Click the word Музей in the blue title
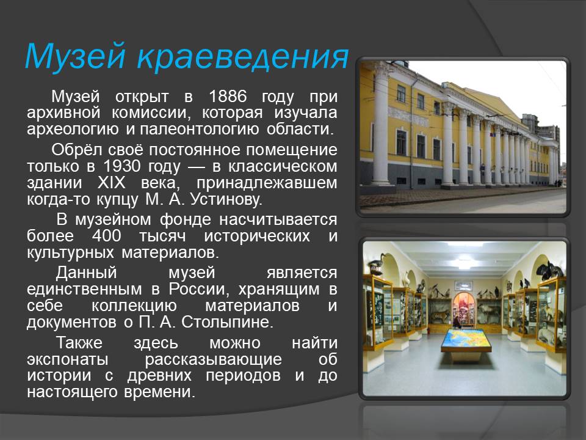point(74,57)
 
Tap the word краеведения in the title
point(243,57)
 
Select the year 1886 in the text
point(228,97)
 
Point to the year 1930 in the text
point(122,166)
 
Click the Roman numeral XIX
point(111,183)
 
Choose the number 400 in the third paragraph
point(106,236)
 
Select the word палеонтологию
point(199,129)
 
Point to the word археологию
point(73,129)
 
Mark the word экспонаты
point(68,359)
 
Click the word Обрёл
point(77,150)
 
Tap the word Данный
point(86,273)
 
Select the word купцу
point(117,199)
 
